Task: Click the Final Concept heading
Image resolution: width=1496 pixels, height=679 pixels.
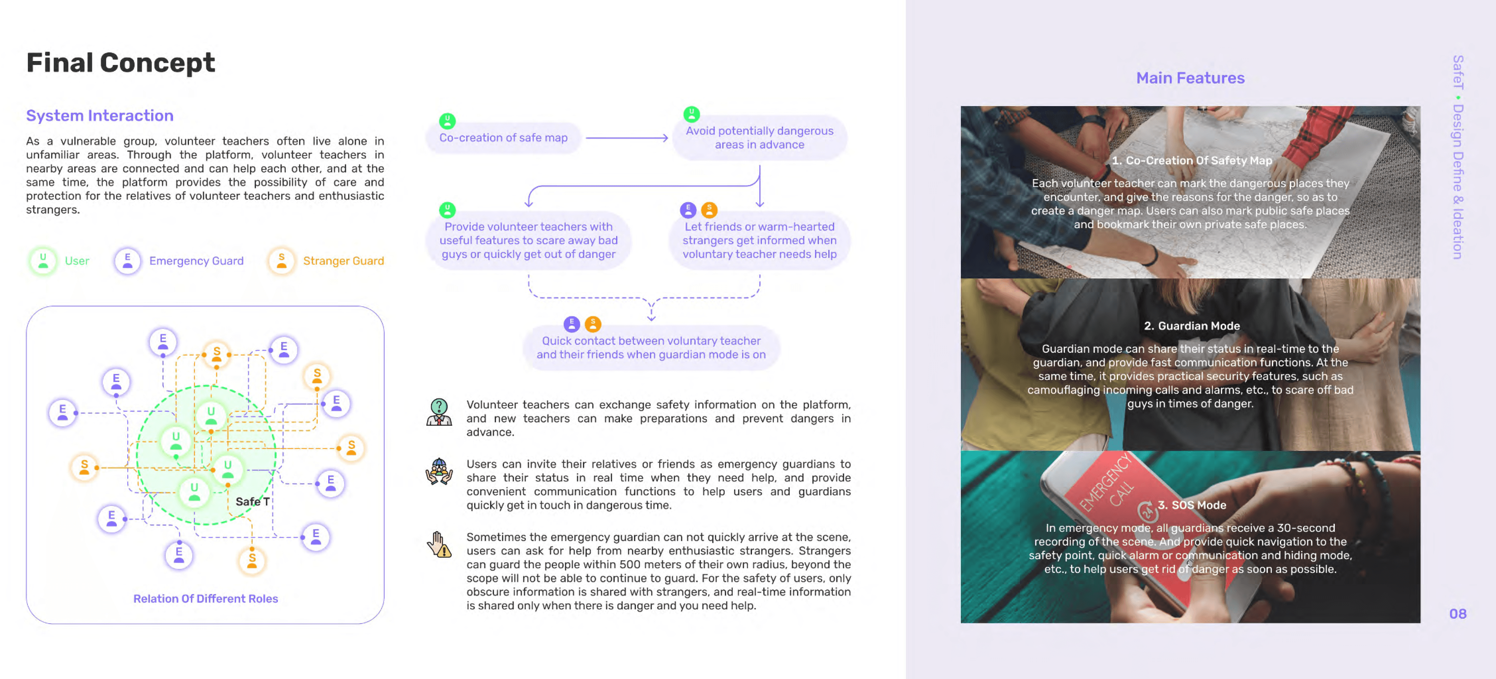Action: pos(120,63)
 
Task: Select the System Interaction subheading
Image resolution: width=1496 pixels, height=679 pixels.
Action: pos(99,116)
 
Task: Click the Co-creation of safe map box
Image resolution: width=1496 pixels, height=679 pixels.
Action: pos(503,138)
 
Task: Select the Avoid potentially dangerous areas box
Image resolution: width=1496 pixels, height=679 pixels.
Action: pos(759,138)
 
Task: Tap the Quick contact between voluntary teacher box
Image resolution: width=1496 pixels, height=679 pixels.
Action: pos(651,347)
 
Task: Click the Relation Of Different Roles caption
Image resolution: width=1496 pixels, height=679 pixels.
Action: pos(206,598)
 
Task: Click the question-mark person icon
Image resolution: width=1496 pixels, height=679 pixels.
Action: pos(439,412)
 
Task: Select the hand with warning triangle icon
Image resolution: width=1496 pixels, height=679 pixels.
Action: pos(439,544)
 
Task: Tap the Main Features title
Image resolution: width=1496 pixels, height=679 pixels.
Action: pos(1190,78)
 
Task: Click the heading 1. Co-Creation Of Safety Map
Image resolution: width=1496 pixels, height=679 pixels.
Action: pos(1191,160)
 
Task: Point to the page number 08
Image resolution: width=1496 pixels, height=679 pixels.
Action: pos(1458,613)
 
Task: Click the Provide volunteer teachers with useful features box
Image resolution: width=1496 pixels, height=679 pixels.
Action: pos(528,240)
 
